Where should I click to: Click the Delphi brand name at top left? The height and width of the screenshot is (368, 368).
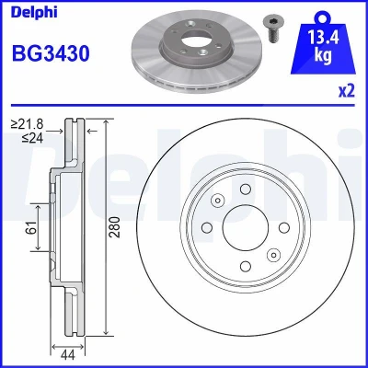tap(34, 12)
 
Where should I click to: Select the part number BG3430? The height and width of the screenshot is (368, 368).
tap(51, 53)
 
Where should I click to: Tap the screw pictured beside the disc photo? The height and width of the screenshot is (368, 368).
tap(273, 29)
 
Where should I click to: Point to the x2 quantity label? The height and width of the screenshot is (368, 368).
tap(346, 91)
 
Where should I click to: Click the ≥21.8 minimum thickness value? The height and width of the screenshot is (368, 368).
tap(28, 124)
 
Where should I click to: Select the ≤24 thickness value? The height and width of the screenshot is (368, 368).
tap(32, 138)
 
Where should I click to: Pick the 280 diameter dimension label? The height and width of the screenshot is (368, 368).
tap(115, 227)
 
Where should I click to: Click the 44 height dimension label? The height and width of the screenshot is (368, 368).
tap(67, 356)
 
